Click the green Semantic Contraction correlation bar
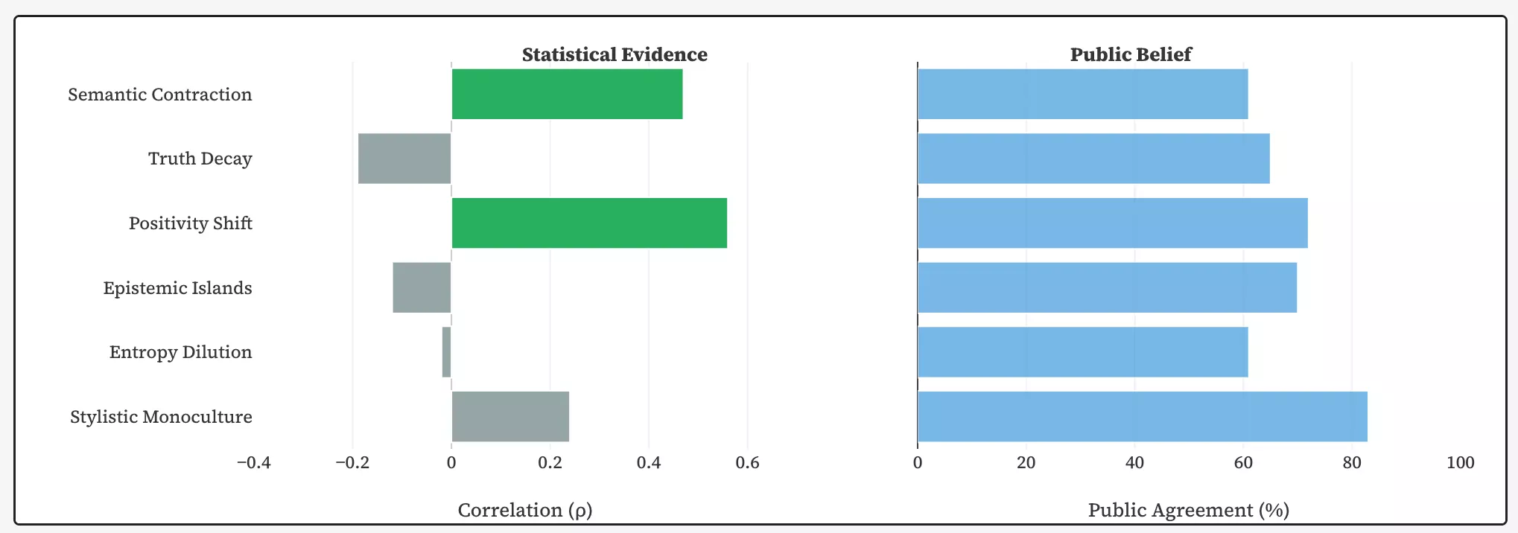[x=567, y=94]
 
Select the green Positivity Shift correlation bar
[x=589, y=223]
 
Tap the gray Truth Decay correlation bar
[x=404, y=159]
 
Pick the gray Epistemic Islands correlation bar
[x=422, y=287]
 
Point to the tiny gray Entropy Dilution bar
[x=446, y=352]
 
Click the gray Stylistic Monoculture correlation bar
[x=510, y=416]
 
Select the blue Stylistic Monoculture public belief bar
[x=1142, y=416]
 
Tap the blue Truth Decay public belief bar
[x=1093, y=159]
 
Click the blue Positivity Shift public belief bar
[x=1112, y=223]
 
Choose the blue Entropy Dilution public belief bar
[x=1082, y=352]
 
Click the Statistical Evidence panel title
[x=614, y=54]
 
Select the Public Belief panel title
[x=1131, y=54]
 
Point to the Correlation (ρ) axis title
[x=525, y=510]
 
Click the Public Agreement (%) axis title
[x=1189, y=510]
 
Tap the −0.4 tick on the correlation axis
[x=254, y=463]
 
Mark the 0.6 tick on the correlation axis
[x=747, y=463]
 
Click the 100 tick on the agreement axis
[x=1460, y=463]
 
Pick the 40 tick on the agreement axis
[x=1134, y=463]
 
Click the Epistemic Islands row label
[x=177, y=288]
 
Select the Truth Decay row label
[x=200, y=159]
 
